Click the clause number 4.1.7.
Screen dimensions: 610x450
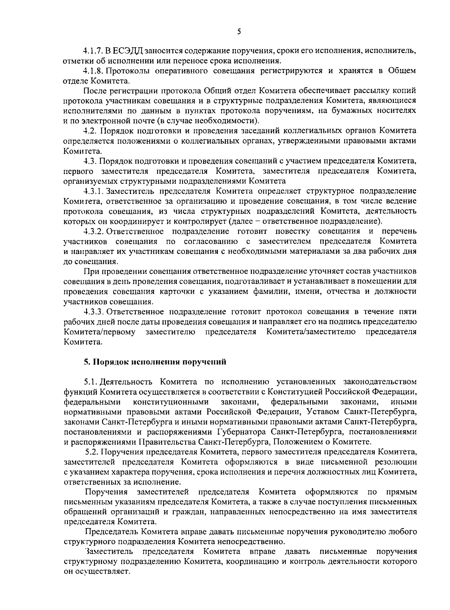click(x=92, y=51)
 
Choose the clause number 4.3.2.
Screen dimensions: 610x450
click(x=92, y=231)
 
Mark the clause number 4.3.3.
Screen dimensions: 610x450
click(x=92, y=311)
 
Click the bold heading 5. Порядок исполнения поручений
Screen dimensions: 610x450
click(x=155, y=362)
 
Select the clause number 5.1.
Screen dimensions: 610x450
click(x=90, y=382)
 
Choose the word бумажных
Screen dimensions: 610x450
click(x=365, y=111)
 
